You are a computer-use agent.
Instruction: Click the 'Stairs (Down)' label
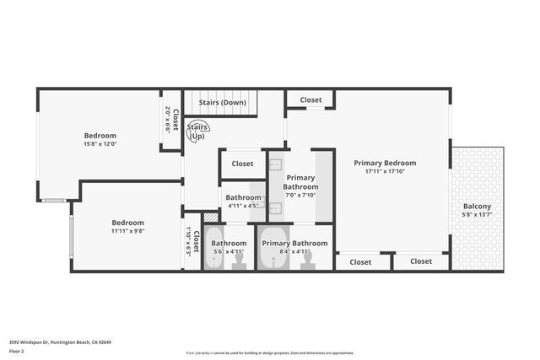[223, 103]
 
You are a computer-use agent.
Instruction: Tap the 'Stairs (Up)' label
[197, 132]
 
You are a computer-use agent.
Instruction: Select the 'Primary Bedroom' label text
[385, 163]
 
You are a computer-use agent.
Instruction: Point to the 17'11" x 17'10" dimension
[385, 171]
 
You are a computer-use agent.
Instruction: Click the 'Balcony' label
[477, 207]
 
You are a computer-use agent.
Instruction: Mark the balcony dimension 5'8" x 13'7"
[477, 215]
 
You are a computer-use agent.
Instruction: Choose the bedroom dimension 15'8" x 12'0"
[100, 144]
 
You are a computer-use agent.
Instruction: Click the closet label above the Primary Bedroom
[310, 99]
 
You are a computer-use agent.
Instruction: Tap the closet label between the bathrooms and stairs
[242, 164]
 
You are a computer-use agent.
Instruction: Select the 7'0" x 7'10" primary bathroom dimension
[300, 195]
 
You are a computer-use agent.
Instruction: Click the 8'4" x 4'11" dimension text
[287, 251]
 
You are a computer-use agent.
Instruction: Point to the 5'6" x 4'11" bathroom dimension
[227, 251]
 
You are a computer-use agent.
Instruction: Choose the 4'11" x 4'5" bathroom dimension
[243, 205]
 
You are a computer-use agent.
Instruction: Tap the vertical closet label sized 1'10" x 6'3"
[192, 243]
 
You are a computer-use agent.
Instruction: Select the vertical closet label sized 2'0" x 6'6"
[171, 119]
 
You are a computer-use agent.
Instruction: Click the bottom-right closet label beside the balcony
[421, 261]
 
